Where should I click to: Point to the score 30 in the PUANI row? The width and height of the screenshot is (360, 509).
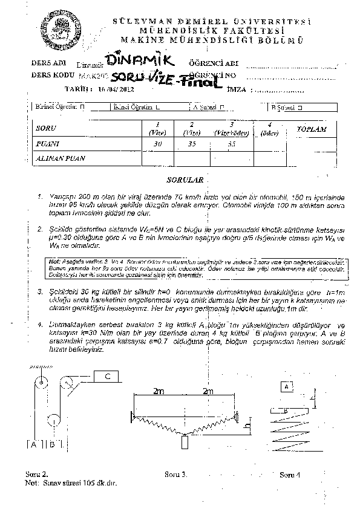158,144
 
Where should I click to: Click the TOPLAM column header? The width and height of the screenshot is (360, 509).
312,129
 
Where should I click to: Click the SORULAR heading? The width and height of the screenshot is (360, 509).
180,180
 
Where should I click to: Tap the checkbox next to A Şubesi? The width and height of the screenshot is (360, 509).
223,107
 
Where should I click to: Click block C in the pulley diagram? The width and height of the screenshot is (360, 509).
106,377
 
